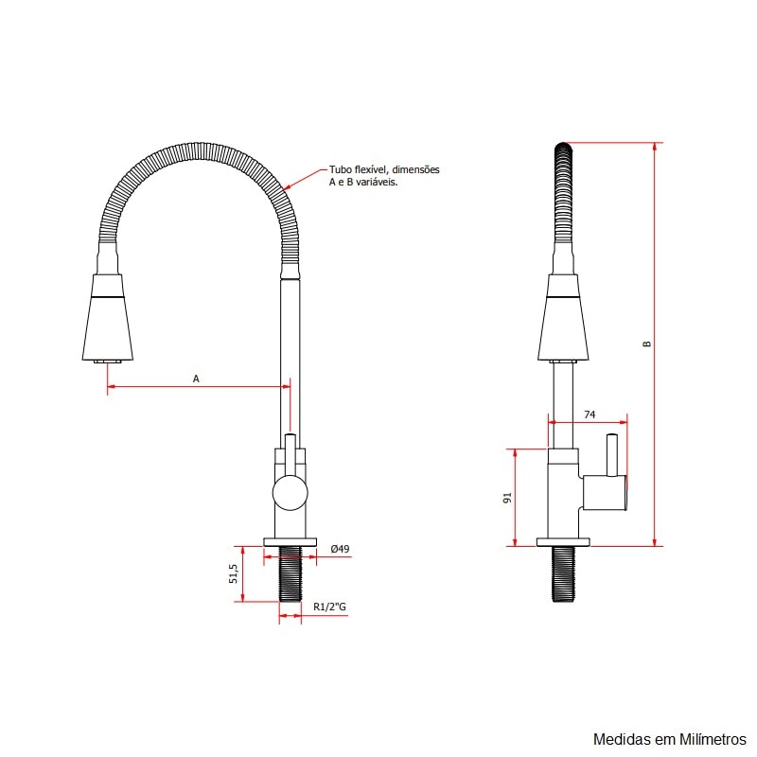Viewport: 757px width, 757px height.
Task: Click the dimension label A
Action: pyautogui.click(x=196, y=378)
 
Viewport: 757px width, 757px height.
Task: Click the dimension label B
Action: pyautogui.click(x=647, y=344)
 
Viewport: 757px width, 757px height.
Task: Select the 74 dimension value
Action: pyautogui.click(x=590, y=414)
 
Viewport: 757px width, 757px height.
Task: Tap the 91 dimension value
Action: pyautogui.click(x=507, y=498)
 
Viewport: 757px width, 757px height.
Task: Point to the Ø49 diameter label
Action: pyautogui.click(x=341, y=549)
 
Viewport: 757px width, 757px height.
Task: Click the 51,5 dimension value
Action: pyautogui.click(x=233, y=573)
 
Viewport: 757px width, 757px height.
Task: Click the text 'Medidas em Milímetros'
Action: pyautogui.click(x=669, y=738)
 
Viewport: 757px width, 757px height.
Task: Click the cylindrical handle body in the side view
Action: pyautogui.click(x=605, y=492)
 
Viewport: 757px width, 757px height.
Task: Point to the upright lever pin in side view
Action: pyautogui.click(x=612, y=454)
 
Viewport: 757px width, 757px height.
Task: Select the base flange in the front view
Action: pyautogui.click(x=290, y=542)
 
